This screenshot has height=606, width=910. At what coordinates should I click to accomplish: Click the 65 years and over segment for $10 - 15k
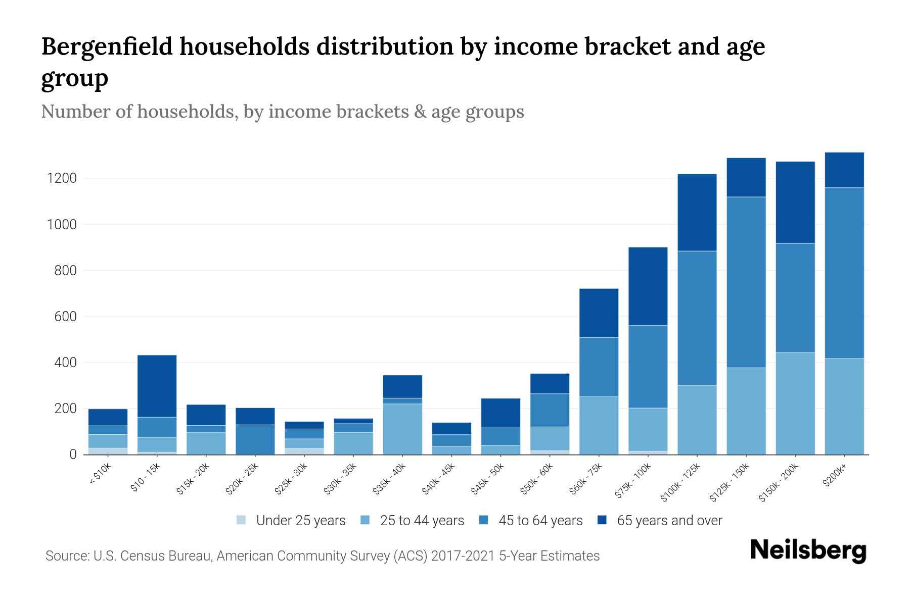(x=157, y=386)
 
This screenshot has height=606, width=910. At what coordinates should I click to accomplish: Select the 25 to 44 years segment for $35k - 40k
(x=402, y=429)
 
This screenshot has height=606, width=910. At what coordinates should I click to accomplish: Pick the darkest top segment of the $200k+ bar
(x=844, y=170)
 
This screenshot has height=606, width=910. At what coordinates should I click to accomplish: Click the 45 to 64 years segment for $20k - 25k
(x=255, y=439)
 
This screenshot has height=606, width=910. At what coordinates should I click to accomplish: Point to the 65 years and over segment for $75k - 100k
(x=648, y=286)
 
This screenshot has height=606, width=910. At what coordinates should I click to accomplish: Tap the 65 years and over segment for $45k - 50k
(x=500, y=413)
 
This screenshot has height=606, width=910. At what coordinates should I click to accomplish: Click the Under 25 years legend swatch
(x=242, y=520)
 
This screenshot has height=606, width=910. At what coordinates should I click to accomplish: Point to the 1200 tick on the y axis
(x=61, y=178)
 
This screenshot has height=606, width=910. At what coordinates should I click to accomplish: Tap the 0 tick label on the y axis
(x=73, y=454)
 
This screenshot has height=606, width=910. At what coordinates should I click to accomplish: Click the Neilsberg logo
(x=808, y=550)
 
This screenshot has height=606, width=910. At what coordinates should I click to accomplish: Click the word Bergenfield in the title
(x=107, y=46)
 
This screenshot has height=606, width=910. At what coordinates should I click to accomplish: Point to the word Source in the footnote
(x=66, y=556)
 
